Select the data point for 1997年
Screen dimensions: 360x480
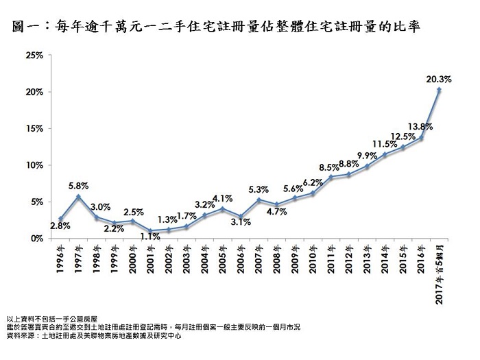tap(79, 197)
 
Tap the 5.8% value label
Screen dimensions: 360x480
tap(79, 184)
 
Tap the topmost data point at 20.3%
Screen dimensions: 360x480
tap(439, 90)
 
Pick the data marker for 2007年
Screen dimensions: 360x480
tap(259, 200)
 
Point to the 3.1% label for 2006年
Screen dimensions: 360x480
tap(240, 222)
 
